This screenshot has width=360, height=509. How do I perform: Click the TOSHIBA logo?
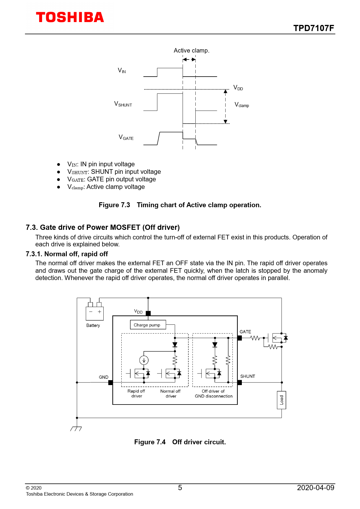[x=70, y=17]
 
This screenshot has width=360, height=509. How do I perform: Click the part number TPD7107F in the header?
[x=314, y=28]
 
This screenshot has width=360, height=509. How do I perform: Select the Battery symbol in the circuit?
[x=95, y=313]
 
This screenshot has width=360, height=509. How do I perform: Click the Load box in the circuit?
[x=281, y=400]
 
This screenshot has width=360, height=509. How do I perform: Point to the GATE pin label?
[x=245, y=332]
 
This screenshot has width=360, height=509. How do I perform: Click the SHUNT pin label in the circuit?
[x=248, y=376]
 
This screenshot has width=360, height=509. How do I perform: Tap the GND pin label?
[x=104, y=377]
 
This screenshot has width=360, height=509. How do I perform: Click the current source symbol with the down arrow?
[x=144, y=360]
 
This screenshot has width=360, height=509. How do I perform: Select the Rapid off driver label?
[x=136, y=394]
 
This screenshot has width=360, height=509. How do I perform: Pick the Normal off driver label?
[x=171, y=394]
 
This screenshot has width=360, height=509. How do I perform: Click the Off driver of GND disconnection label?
[x=214, y=394]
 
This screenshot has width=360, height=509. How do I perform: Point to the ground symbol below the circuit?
[x=76, y=429]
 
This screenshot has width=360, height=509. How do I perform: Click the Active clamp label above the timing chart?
[x=191, y=50]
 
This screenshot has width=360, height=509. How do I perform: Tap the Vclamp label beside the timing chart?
[x=242, y=105]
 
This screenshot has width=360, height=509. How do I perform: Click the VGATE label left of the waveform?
[x=126, y=138]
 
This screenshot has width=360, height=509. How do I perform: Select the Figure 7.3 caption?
[x=180, y=205]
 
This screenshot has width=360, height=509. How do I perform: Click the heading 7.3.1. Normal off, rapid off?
[x=67, y=254]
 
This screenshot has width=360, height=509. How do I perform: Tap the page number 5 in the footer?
[x=180, y=488]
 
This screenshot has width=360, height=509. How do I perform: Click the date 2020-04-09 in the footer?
[x=316, y=488]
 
